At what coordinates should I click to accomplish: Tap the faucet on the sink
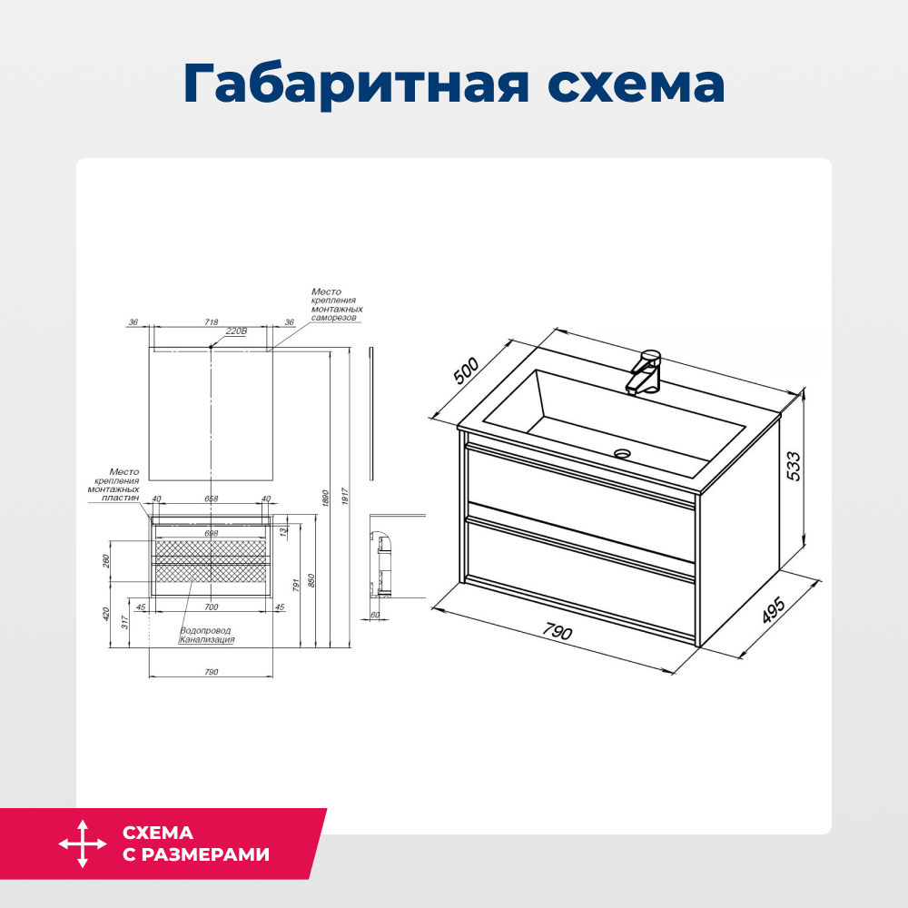coord(646,371)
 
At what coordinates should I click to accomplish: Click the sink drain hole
coord(622,452)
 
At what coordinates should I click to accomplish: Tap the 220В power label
coord(236,331)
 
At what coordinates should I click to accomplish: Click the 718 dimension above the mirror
coord(211,322)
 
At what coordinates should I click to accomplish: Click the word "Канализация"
coord(207,639)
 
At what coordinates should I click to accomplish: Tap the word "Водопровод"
coord(204,630)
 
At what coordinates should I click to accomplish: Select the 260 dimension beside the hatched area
coord(107,560)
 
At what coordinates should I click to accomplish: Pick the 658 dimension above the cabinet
coord(211,498)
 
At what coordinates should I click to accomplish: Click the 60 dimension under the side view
coord(373,615)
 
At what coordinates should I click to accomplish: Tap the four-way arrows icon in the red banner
coord(82,844)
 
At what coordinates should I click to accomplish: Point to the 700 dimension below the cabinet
coord(211,606)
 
